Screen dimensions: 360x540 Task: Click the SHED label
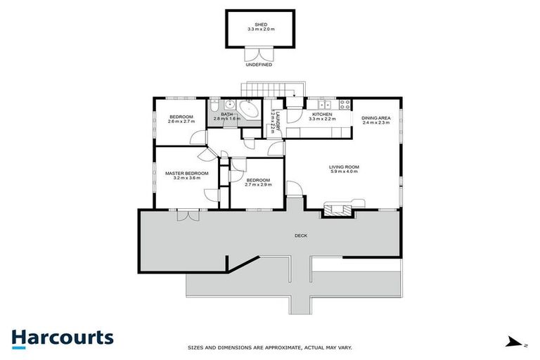coord(258,24)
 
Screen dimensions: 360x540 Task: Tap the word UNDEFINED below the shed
coord(258,64)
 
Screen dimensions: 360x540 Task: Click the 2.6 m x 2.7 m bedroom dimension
coord(182,122)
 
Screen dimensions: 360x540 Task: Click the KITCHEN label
coord(322,114)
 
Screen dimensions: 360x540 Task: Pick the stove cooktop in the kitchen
coord(344,105)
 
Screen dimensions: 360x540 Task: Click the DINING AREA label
coord(375,118)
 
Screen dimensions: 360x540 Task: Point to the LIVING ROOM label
coord(344,167)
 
